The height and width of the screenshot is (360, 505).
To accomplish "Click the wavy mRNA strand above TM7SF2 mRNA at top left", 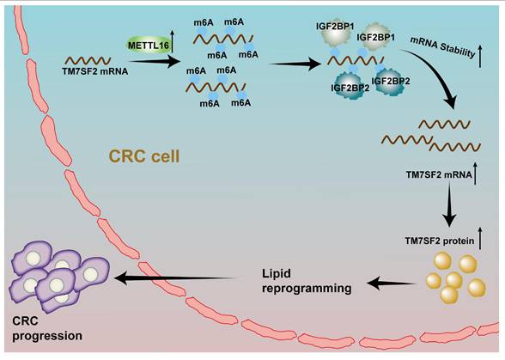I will pyautogui.click(x=88, y=61).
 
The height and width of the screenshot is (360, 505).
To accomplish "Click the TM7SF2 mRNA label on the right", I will pyautogui.click(x=438, y=175).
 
